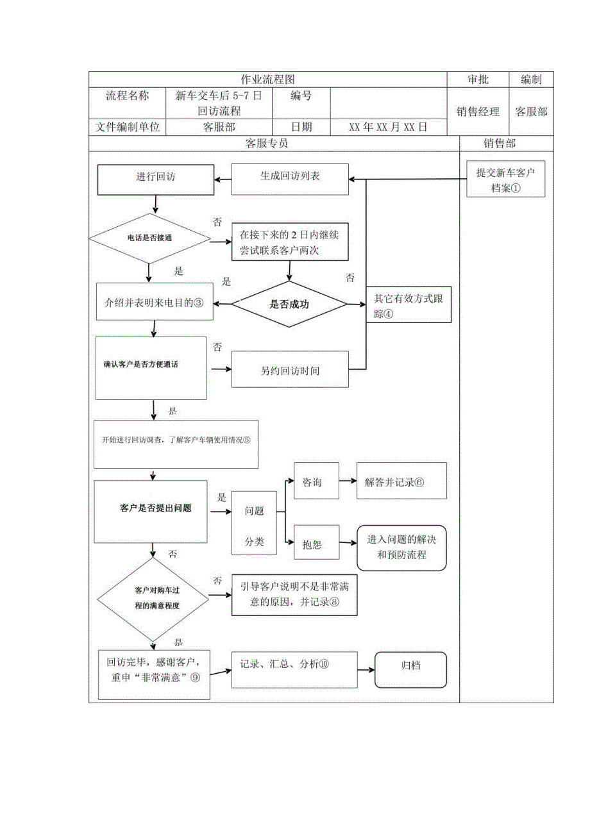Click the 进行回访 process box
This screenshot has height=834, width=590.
coord(155,179)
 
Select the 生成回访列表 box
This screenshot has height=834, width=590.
coord(290,179)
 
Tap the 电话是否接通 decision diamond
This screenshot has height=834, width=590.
coord(149,238)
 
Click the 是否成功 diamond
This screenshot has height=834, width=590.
coord(289,304)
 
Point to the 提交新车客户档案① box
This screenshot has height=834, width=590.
coord(505,179)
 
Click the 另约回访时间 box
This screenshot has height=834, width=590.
coord(290,370)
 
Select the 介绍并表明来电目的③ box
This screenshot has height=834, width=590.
coord(154,301)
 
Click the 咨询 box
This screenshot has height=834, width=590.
coord(316,481)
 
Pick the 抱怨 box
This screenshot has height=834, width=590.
coord(316,544)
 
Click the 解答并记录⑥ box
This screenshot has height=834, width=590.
coord(401,481)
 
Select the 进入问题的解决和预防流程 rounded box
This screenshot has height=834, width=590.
coord(401,547)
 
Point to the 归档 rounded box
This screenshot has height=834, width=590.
coord(410,670)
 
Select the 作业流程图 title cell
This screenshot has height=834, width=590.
coord(267,79)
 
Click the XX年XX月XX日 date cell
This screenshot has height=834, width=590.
coord(387,127)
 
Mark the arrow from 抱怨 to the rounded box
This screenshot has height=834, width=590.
coord(348,544)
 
